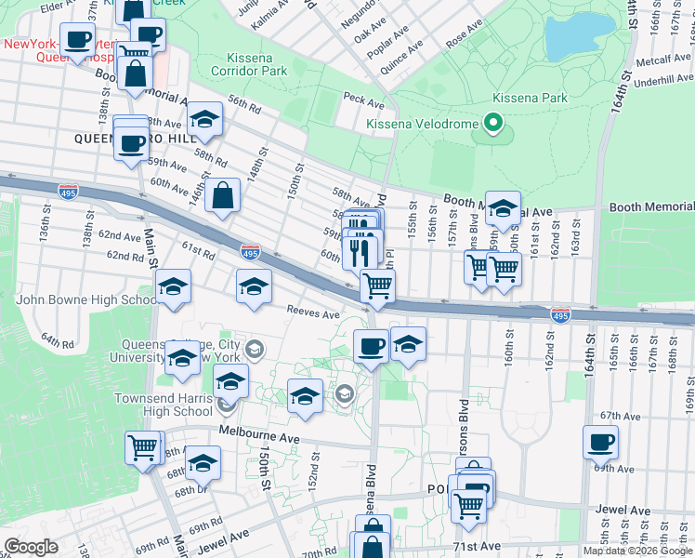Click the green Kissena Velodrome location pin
(x=493, y=125)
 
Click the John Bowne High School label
(x=86, y=299)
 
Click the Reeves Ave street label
(x=313, y=313)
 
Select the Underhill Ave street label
(x=663, y=82)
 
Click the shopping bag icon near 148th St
(x=224, y=196)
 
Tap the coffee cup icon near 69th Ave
(x=600, y=442)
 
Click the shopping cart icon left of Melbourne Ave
(x=144, y=448)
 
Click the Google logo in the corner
(x=31, y=547)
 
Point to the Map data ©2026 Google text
(x=637, y=551)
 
